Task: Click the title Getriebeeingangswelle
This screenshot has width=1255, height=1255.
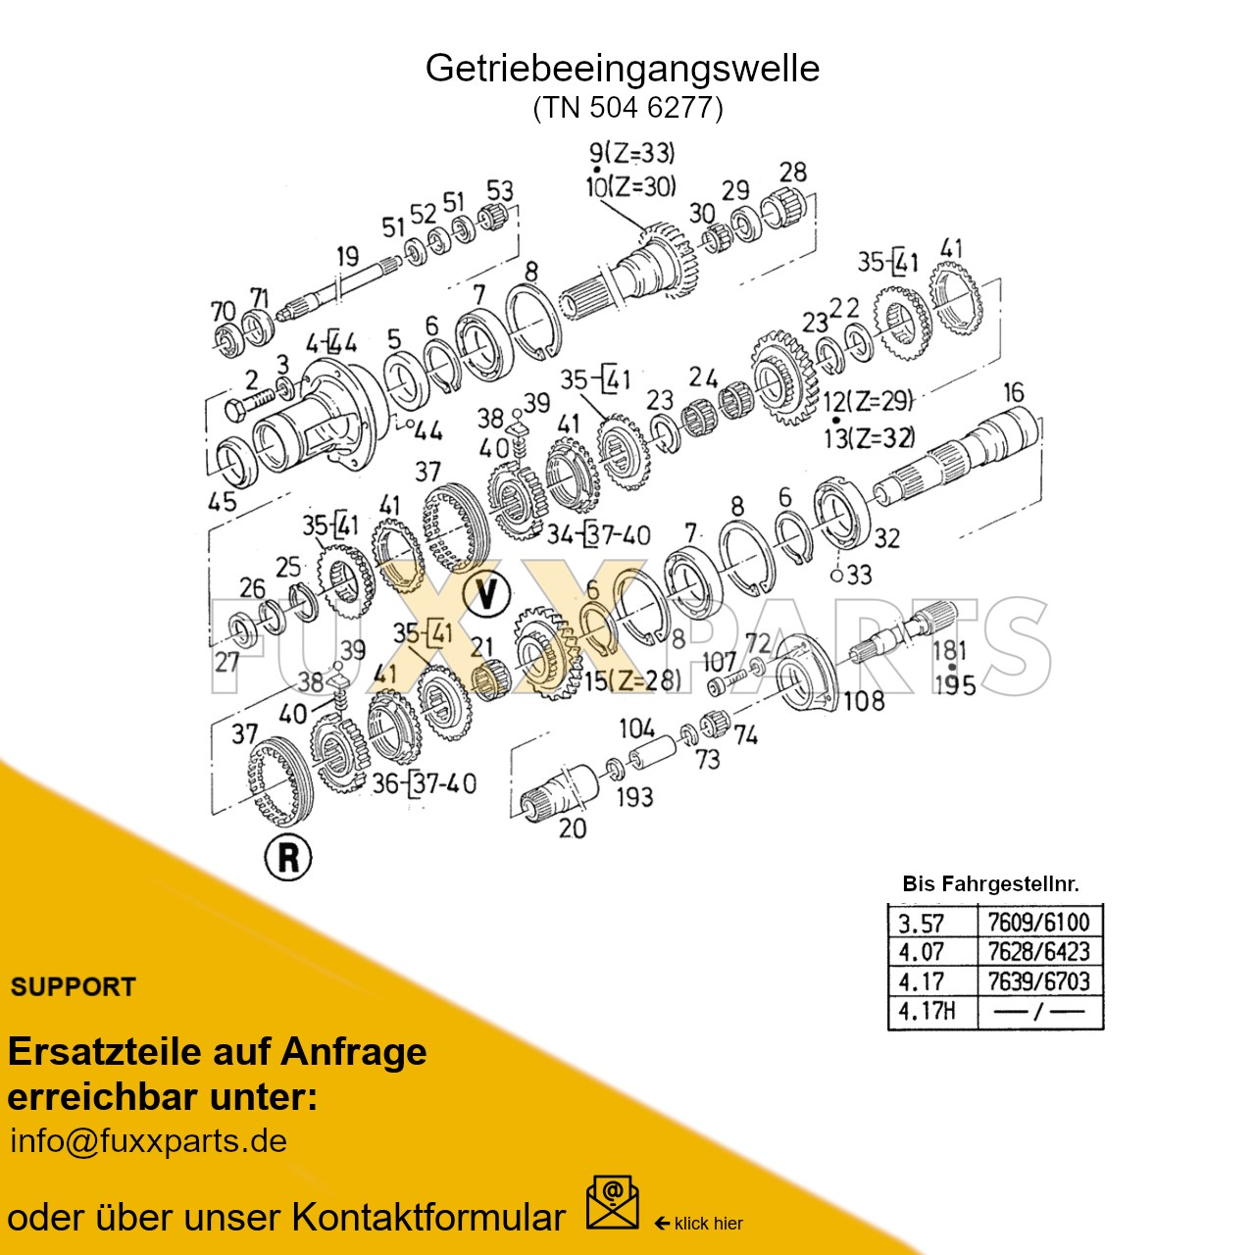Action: [622, 69]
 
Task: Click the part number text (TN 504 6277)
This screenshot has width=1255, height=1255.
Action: [627, 107]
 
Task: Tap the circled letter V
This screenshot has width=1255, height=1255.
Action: [486, 593]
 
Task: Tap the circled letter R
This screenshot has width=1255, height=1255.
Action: [288, 857]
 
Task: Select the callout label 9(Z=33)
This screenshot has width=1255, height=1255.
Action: [631, 154]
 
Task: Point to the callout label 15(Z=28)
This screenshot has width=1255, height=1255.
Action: [632, 679]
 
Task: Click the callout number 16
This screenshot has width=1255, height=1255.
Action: [1013, 393]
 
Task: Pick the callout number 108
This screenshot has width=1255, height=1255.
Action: [863, 701]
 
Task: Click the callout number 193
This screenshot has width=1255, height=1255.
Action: [633, 797]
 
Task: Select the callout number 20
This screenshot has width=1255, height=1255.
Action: [572, 828]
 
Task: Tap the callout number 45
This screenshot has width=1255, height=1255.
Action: [222, 501]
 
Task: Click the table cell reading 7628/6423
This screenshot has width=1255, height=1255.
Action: [1038, 952]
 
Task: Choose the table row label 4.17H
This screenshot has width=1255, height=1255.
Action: [927, 1011]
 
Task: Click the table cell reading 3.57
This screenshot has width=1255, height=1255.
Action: [922, 924]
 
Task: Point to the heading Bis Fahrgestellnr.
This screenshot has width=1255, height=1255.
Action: [990, 883]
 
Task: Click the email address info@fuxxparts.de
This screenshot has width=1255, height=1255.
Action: [149, 1141]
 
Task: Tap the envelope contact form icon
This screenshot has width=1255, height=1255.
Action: [612, 1203]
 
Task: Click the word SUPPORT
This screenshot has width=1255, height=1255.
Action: [74, 987]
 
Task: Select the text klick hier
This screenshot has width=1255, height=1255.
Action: [708, 1224]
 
